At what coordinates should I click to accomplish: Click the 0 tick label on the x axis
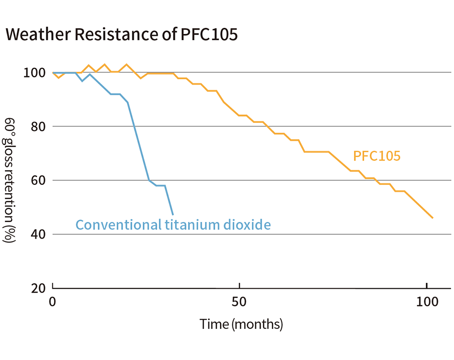click(53, 301)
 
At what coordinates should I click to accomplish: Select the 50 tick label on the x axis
click(240, 301)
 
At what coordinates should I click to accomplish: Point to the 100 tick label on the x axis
click(426, 301)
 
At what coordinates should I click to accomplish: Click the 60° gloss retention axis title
click(10, 180)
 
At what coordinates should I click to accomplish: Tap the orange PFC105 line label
click(376, 157)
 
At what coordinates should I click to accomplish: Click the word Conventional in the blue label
click(117, 225)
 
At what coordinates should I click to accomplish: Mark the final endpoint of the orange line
click(433, 218)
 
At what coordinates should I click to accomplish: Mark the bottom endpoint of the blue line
click(173, 214)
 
